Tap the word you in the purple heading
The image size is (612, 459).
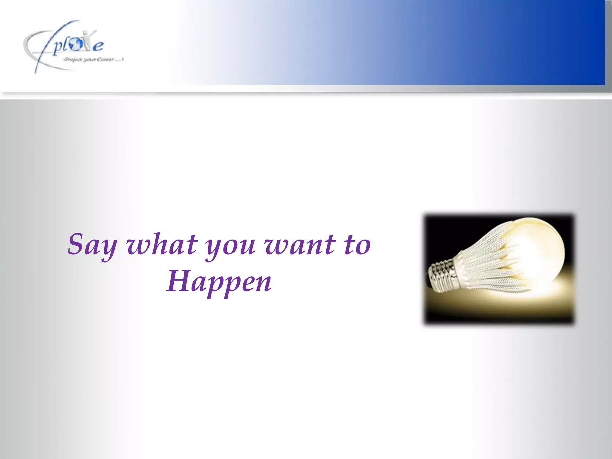[x=230, y=247]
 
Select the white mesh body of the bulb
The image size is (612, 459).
[x=487, y=263]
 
